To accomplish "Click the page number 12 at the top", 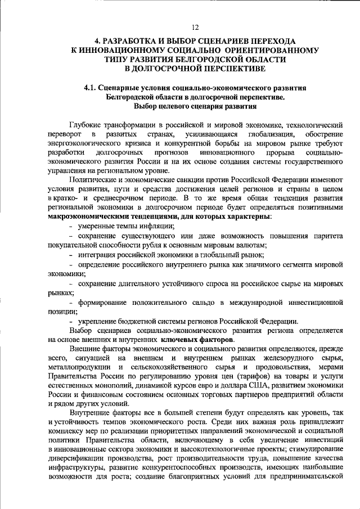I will coord(195,27).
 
